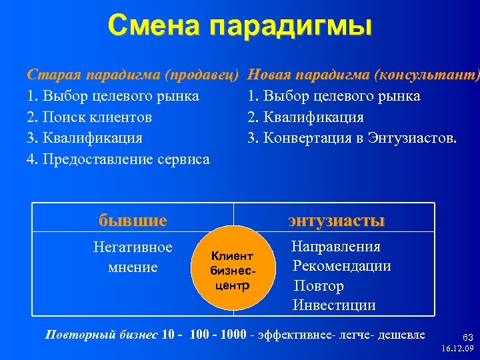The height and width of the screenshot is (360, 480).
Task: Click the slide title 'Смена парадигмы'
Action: pyautogui.click(x=239, y=26)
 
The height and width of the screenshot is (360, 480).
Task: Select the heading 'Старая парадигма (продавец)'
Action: pyautogui.click(x=133, y=75)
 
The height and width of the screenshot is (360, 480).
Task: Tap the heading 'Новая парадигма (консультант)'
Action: pyautogui.click(x=363, y=75)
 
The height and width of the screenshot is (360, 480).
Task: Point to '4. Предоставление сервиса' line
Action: pyautogui.click(x=118, y=159)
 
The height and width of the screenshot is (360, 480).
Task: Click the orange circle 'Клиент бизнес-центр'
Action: pyautogui.click(x=232, y=271)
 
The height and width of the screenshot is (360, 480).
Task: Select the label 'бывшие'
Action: pyautogui.click(x=133, y=219)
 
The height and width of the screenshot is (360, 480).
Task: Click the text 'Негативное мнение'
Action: pyautogui.click(x=133, y=257)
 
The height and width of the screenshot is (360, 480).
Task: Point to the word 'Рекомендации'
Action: pyautogui.click(x=342, y=266)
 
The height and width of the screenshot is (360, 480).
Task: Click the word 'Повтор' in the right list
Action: pyautogui.click(x=319, y=286)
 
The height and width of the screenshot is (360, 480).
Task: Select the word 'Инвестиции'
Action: pyautogui.click(x=334, y=305)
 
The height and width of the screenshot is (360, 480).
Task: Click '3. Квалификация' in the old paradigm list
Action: pyautogui.click(x=85, y=139)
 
